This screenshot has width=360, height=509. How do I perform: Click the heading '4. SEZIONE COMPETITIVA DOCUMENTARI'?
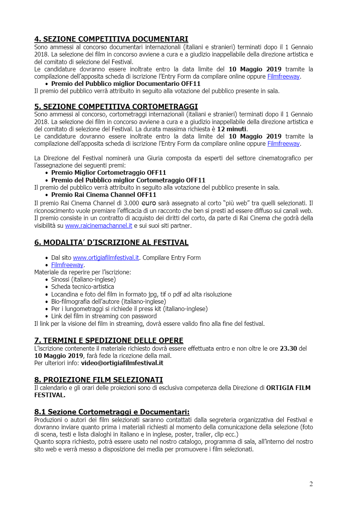pyautogui.click(x=111, y=39)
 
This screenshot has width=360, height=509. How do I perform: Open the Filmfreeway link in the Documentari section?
pyautogui.click(x=283, y=76)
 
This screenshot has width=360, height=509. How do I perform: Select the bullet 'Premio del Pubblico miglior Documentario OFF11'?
pyautogui.click(x=126, y=84)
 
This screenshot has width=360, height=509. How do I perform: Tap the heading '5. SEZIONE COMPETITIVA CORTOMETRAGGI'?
pyautogui.click(x=116, y=106)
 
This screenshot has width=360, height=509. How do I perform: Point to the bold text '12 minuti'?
pyautogui.click(x=232, y=129)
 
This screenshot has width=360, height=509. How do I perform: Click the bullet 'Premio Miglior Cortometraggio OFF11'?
pyautogui.click(x=108, y=172)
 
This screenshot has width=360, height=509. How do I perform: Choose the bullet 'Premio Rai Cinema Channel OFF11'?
pyautogui.click(x=103, y=195)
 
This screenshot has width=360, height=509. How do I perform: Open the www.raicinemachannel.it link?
pyautogui.click(x=98, y=226)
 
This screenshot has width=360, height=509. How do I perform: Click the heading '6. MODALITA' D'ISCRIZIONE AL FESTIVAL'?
pyautogui.click(x=111, y=242)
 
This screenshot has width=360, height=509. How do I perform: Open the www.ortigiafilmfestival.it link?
pyautogui.click(x=106, y=258)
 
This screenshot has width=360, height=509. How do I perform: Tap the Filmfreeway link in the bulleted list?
pyautogui.click(x=67, y=265)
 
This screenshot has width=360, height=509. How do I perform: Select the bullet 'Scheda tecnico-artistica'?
pyautogui.click(x=82, y=287)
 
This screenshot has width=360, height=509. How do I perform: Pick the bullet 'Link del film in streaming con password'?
pyautogui.click(x=104, y=316)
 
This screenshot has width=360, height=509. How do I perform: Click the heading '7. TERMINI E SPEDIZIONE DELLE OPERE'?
pyautogui.click(x=109, y=340)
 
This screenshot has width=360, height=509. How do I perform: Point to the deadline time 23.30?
pyautogui.click(x=288, y=348)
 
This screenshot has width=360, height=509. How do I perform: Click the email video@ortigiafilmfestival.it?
pyautogui.click(x=122, y=363)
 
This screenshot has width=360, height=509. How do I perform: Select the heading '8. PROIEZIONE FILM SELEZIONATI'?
pyautogui.click(x=98, y=380)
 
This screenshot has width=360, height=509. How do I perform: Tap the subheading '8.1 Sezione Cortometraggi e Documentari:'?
pyautogui.click(x=112, y=412)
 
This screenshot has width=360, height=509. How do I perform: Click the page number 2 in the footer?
pyautogui.click(x=311, y=484)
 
